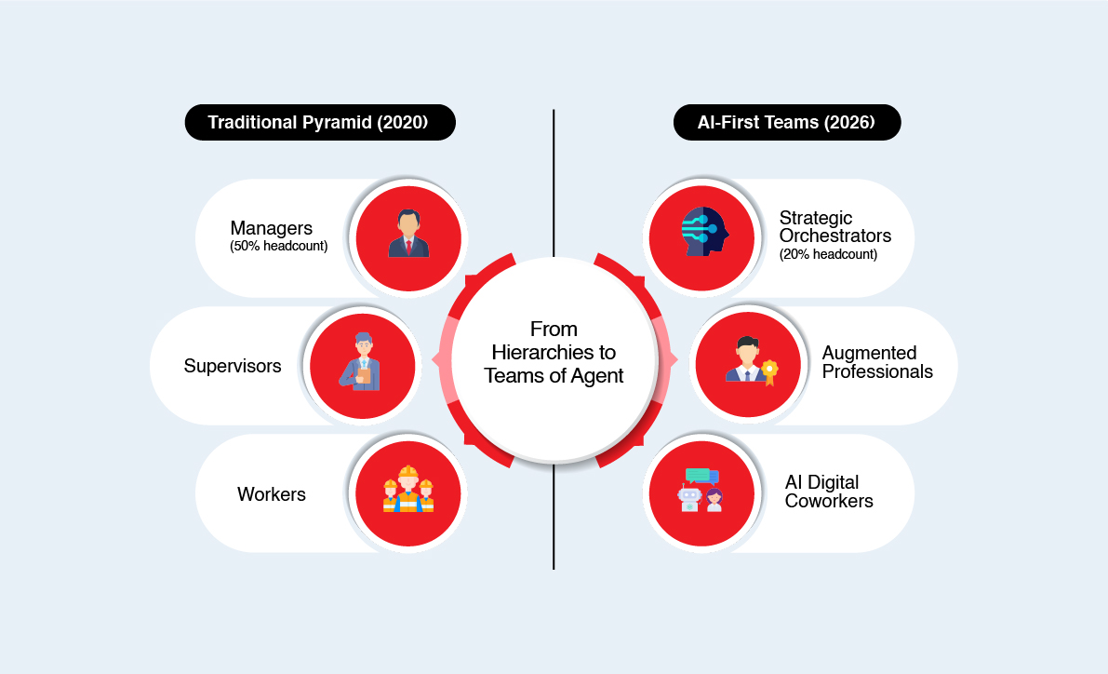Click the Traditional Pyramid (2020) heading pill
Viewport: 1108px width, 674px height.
320,123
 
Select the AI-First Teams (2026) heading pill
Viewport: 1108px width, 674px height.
787,123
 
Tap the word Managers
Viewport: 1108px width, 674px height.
271,228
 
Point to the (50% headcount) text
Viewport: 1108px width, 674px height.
278,247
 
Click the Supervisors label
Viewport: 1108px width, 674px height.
233,366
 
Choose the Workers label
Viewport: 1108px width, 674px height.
272,494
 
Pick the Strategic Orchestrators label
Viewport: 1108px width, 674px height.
834,226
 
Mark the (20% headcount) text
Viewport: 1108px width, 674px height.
828,254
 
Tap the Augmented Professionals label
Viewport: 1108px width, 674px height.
877,362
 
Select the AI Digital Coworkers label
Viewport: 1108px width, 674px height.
829,492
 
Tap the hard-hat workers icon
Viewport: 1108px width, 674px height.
408,491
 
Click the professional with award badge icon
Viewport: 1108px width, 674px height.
747,361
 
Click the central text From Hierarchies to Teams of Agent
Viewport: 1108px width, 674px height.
554,353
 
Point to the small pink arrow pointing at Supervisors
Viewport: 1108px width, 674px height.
435,359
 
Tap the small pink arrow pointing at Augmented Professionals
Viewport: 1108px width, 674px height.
673,359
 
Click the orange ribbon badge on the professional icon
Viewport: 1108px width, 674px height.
768,371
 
